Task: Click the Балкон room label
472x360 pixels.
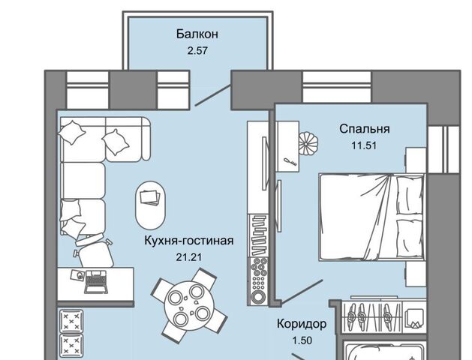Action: coord(197,34)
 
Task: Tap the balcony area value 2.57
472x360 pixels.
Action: coord(197,50)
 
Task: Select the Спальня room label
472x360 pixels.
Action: coord(365,129)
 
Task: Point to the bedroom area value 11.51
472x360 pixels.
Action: coord(364,145)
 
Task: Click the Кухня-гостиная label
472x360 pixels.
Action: coord(189,241)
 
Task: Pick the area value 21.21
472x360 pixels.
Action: coord(189,257)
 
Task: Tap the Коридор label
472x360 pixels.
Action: coord(302,324)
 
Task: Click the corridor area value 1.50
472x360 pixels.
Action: coord(302,340)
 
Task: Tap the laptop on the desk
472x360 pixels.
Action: coord(95,281)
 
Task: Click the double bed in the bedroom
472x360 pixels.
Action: coord(371,217)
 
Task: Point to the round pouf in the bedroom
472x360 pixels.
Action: coord(308,144)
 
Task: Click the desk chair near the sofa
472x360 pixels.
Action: coord(94,252)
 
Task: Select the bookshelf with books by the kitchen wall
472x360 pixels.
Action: coord(258,235)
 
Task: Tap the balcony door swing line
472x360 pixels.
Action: coord(213,95)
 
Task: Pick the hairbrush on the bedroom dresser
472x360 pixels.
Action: coord(291,162)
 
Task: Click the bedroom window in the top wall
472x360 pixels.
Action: coord(336,87)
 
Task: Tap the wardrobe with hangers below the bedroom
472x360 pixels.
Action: coord(373,316)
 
